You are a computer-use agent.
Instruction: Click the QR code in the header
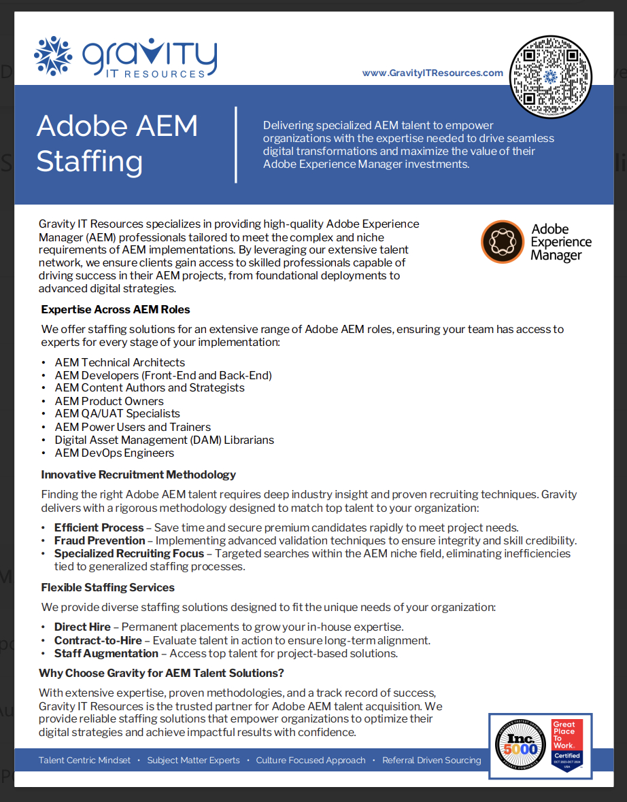[x=550, y=76]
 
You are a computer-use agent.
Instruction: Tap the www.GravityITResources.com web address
[x=433, y=73]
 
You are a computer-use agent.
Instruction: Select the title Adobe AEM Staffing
[x=117, y=143]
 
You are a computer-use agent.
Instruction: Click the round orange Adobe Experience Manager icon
[x=502, y=241]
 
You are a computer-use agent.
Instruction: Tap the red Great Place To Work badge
[x=566, y=745]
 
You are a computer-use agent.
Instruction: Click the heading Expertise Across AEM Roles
[x=115, y=309]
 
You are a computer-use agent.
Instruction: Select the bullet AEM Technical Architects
[x=120, y=362]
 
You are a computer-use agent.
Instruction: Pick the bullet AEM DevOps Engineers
[x=114, y=453]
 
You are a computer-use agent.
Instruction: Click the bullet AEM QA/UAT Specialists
[x=117, y=413]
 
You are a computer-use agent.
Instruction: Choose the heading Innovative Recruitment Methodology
[x=138, y=474]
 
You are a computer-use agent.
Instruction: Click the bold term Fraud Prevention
[x=99, y=540]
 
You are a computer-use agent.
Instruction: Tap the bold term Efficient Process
[x=99, y=527]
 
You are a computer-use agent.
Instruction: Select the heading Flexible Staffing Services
[x=107, y=587]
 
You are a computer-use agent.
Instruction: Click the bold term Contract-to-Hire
[x=98, y=640]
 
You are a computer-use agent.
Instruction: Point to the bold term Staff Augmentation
[x=106, y=653]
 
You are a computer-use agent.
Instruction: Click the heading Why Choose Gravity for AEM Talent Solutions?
[x=161, y=673]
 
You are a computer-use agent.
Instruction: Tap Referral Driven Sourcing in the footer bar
[x=431, y=760]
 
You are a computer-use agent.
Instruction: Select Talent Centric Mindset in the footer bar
[x=84, y=760]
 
